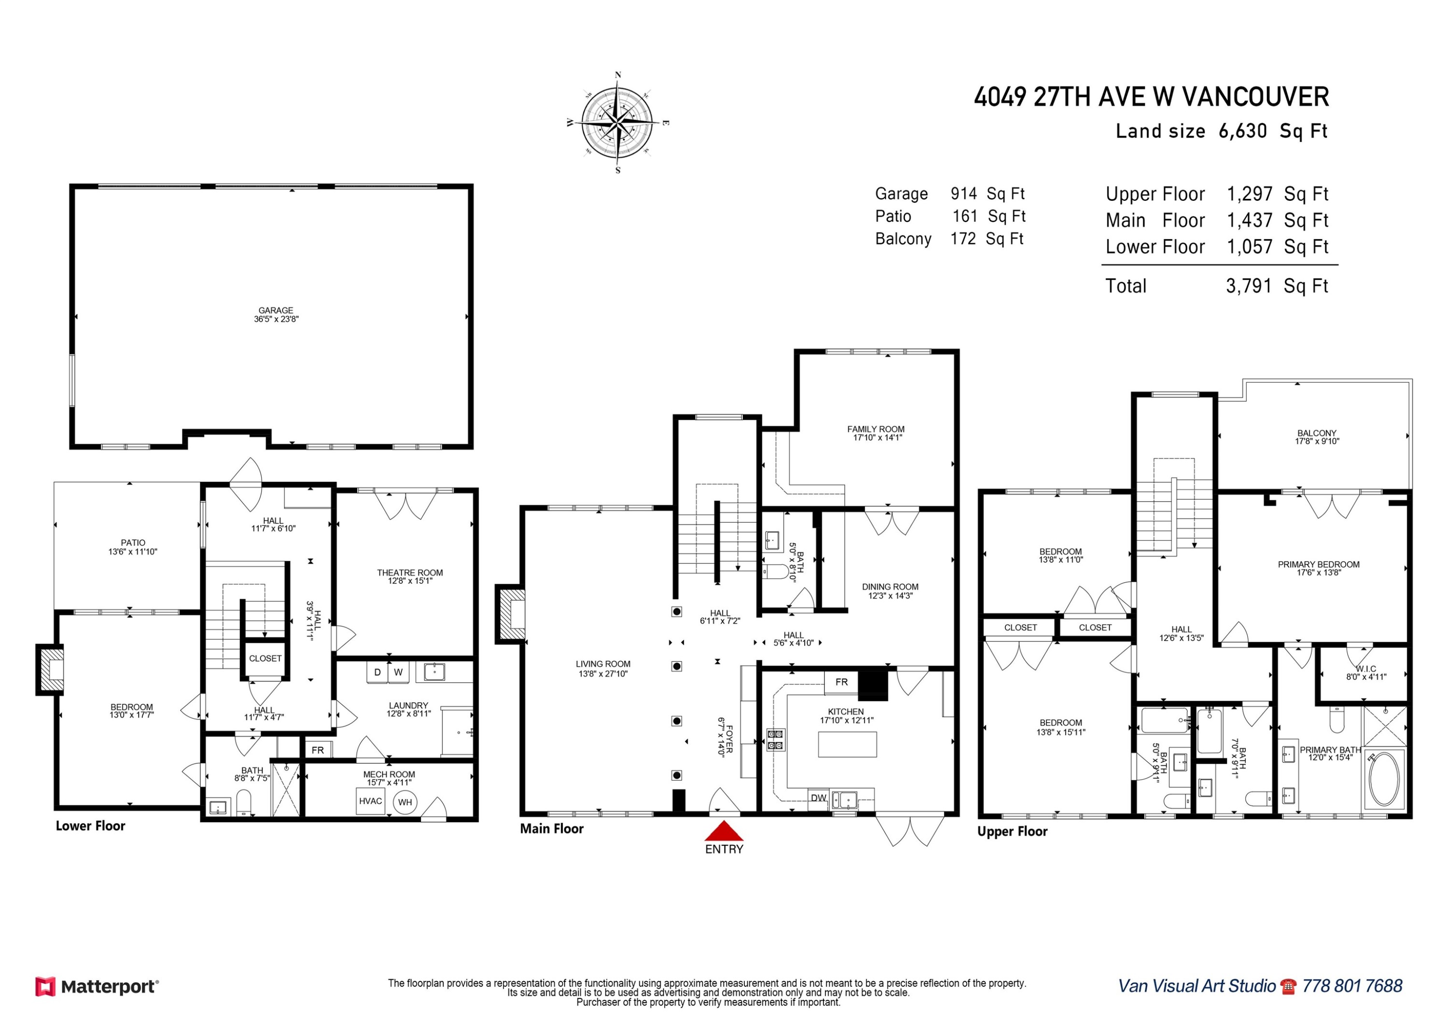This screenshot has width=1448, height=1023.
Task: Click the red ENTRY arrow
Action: (x=724, y=831)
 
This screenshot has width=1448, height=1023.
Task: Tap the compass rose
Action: (x=617, y=122)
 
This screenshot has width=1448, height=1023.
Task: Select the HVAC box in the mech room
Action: (x=370, y=801)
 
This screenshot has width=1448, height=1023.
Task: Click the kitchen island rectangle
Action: (x=847, y=744)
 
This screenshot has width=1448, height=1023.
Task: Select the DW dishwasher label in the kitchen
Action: (x=818, y=798)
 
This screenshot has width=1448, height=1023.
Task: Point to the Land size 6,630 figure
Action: (x=1242, y=131)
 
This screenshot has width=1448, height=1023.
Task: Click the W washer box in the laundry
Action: (x=399, y=673)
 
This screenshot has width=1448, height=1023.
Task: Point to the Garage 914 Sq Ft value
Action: (x=964, y=194)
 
